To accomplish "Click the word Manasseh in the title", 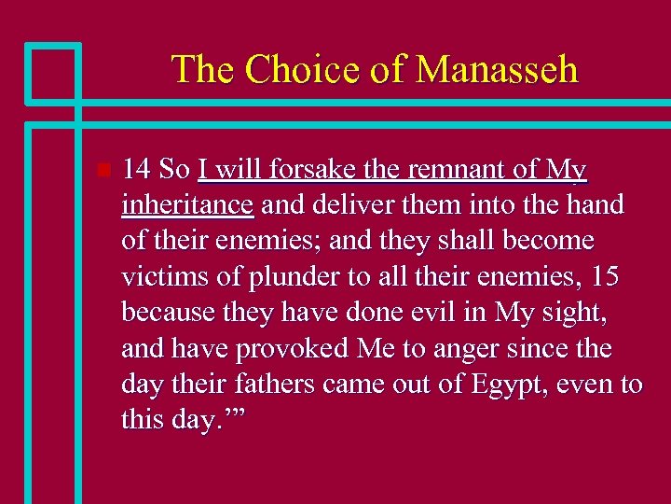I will pos(497,70).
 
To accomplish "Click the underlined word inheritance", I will pos(187,205).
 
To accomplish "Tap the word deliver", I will pos(349,205).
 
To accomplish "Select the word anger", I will pos(484,348).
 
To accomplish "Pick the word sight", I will pos(573,313).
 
